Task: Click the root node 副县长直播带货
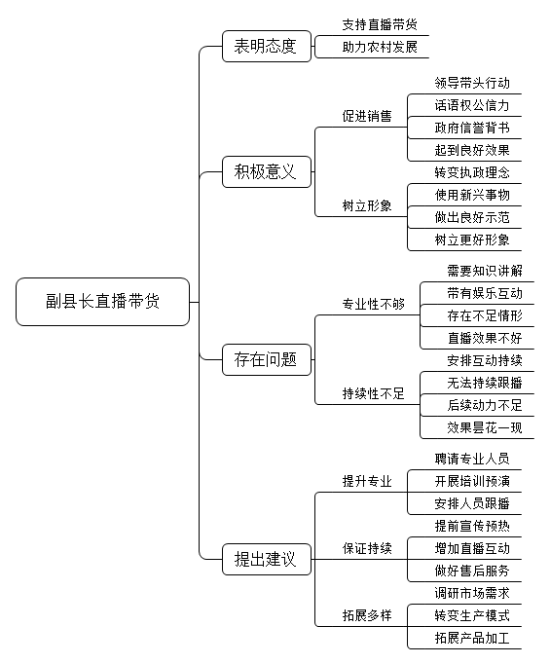(102, 302)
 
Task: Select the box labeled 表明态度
(267, 46)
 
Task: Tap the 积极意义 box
(267, 172)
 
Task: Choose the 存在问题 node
(267, 359)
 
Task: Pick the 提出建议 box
(267, 560)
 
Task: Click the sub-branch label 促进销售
(367, 116)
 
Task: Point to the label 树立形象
(367, 205)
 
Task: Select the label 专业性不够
(374, 304)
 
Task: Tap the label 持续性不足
(374, 393)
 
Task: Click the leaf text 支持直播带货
(380, 24)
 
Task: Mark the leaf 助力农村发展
(380, 47)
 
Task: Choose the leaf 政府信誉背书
(472, 128)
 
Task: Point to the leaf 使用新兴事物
(472, 195)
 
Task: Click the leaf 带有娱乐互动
(485, 293)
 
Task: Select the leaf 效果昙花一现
(485, 427)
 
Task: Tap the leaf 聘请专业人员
(472, 459)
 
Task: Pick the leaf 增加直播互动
(472, 548)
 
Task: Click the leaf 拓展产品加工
(472, 638)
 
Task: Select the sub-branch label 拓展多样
(367, 615)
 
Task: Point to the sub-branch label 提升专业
(367, 481)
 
